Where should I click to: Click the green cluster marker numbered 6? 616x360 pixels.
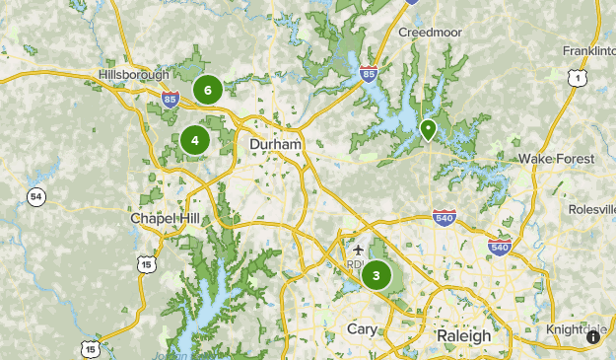pyautogui.click(x=207, y=90)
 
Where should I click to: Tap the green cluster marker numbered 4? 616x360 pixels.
pyautogui.click(x=194, y=140)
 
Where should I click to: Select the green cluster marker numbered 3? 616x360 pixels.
pyautogui.click(x=376, y=275)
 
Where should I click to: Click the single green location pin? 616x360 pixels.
pyautogui.click(x=428, y=129)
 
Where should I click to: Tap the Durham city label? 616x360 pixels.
pyautogui.click(x=275, y=144)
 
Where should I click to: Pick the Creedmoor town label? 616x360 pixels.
pyautogui.click(x=431, y=33)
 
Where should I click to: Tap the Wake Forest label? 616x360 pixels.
pyautogui.click(x=557, y=159)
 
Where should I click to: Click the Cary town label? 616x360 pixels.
pyautogui.click(x=363, y=328)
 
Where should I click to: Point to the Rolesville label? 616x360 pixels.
pyautogui.click(x=590, y=210)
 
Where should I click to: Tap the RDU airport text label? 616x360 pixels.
pyautogui.click(x=356, y=265)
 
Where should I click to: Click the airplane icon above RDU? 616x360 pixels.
pyautogui.click(x=357, y=250)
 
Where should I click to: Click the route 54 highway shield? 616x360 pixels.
pyautogui.click(x=36, y=197)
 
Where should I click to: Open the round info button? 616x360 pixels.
pyautogui.click(x=593, y=337)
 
